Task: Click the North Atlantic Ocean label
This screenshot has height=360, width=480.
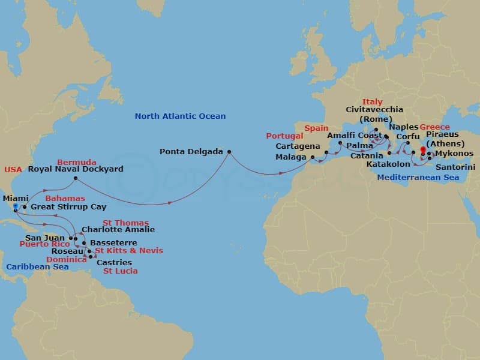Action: coord(180,116)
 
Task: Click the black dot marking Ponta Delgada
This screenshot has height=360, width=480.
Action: coord(229,151)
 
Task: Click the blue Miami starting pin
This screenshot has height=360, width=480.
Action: coord(15,207)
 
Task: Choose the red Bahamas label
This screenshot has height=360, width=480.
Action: coord(64,198)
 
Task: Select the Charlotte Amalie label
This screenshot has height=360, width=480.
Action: coord(118,230)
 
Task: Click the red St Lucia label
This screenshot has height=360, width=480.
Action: coord(121,271)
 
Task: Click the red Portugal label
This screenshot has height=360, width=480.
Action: coord(285,136)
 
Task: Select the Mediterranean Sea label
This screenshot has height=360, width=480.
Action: coord(418,178)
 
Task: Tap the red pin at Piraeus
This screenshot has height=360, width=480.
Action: coord(423,150)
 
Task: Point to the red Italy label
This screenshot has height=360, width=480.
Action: coord(372,102)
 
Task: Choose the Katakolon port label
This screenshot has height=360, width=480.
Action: coord(388,164)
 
